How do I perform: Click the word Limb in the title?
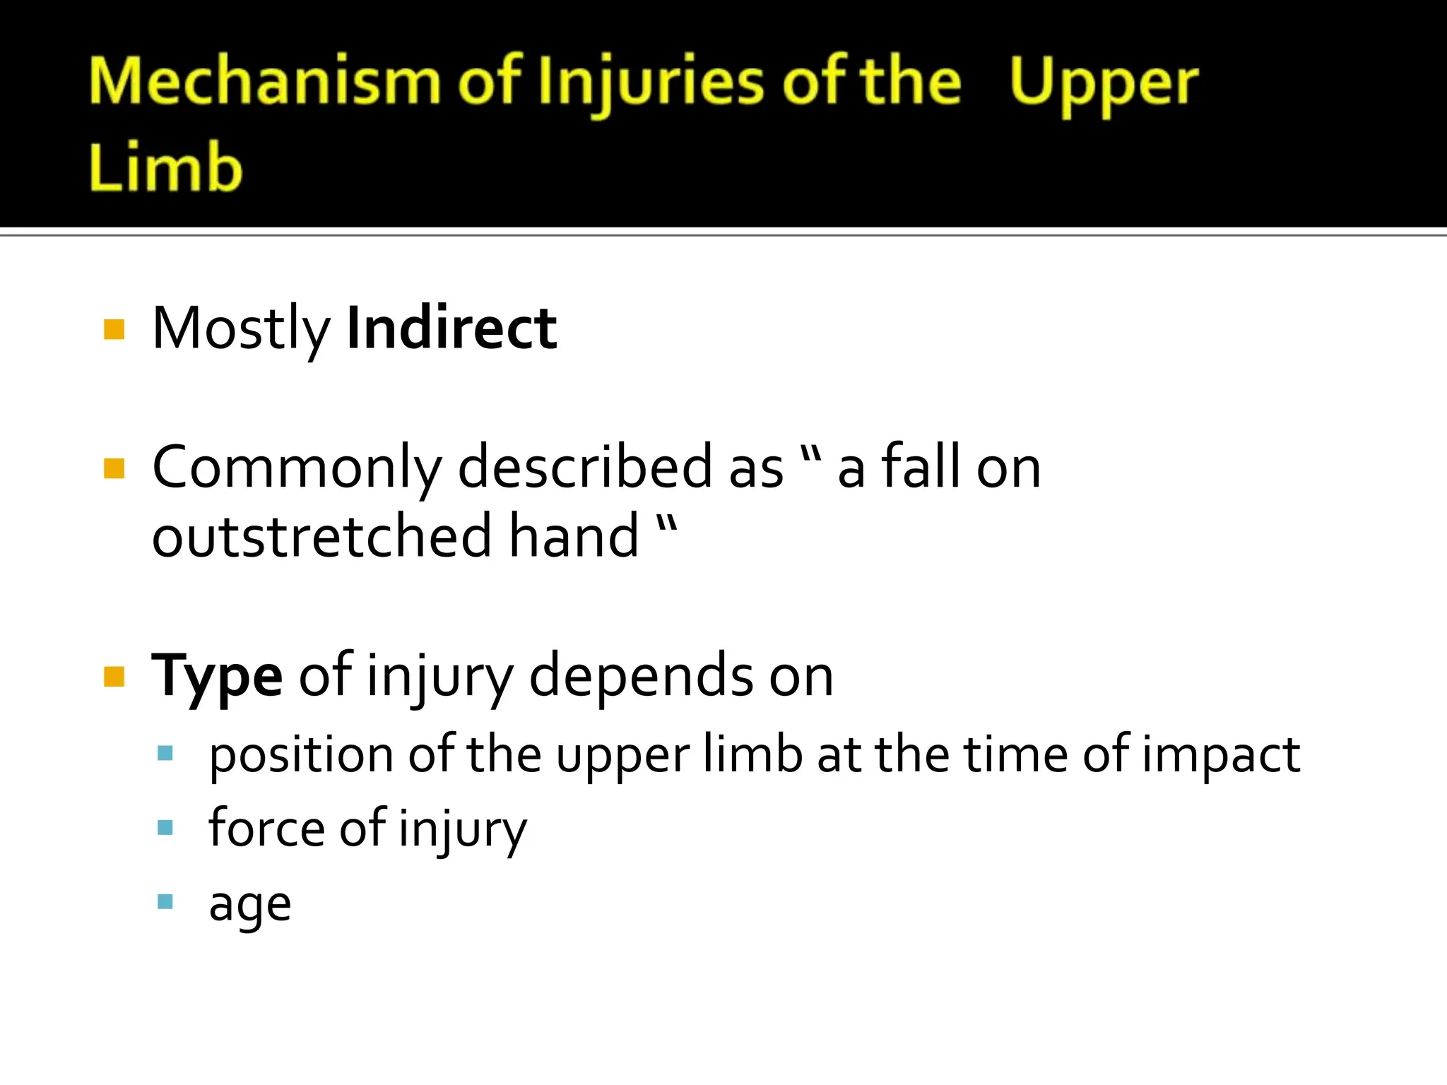(x=165, y=167)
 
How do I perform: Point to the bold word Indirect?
(x=451, y=328)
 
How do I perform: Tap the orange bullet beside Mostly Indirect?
(x=114, y=329)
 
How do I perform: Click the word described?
(x=585, y=467)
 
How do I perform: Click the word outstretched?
(x=321, y=536)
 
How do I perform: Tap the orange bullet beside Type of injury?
(x=114, y=676)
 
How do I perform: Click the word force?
(x=266, y=828)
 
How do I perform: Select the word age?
(x=250, y=905)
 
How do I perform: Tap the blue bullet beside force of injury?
(x=165, y=827)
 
